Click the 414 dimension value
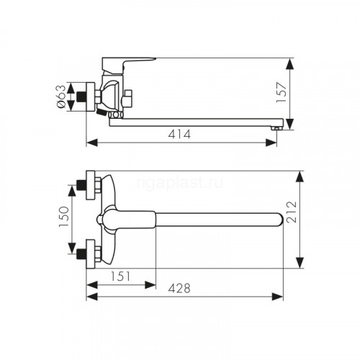coord(179,135)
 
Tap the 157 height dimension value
coord(282,92)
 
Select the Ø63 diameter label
coord(61,96)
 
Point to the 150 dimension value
coord(64,217)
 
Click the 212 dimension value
coord(292,212)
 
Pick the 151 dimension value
coord(121,276)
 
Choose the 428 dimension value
coord(179,288)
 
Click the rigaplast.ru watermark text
coord(180,184)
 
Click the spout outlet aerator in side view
coord(276,128)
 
